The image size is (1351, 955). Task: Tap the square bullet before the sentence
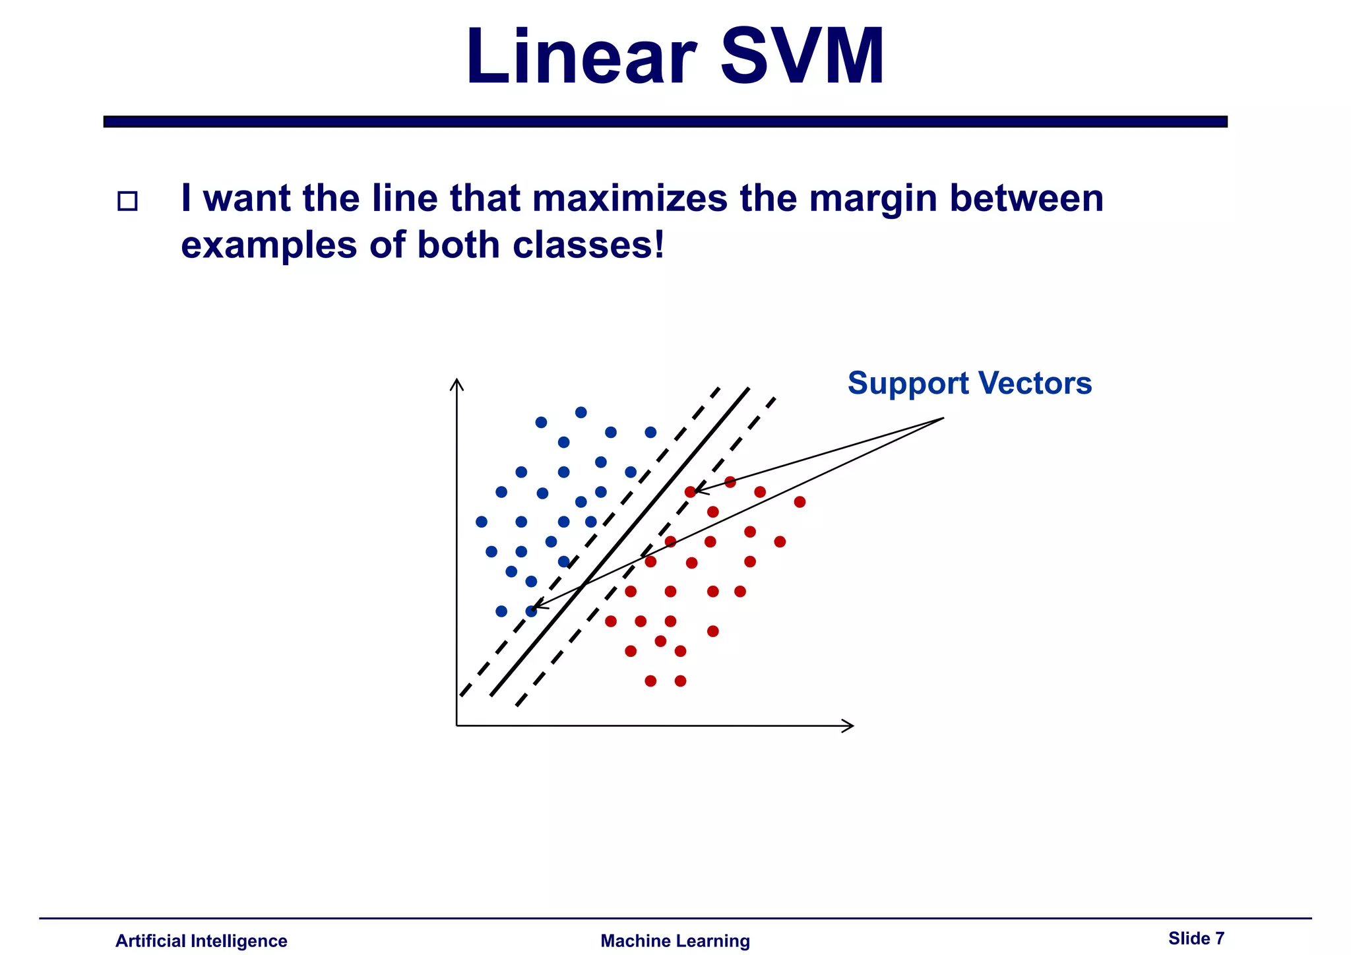[127, 201]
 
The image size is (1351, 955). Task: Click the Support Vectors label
[969, 383]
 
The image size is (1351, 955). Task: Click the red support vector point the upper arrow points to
[690, 492]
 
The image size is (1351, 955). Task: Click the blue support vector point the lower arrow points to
[531, 611]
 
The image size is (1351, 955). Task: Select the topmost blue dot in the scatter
[581, 413]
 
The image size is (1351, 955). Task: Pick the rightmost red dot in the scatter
[800, 502]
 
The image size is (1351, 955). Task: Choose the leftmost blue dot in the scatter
[482, 522]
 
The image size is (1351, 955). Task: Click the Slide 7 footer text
[1196, 939]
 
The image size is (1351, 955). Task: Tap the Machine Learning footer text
[675, 941]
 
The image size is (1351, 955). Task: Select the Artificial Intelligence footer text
[201, 941]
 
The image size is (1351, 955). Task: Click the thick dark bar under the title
[665, 121]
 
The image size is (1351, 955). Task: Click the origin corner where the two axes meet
[456, 725]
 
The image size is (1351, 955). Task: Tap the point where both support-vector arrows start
[943, 417]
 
